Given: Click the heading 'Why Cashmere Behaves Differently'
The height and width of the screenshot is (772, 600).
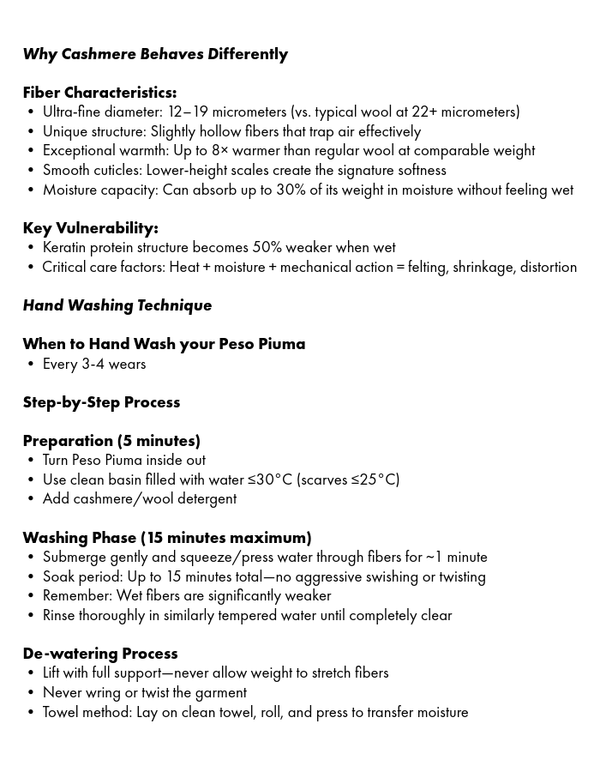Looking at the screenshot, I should pos(155,54).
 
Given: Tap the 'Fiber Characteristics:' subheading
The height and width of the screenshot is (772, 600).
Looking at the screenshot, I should pos(99,93).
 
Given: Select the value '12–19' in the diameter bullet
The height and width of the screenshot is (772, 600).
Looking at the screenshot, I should pos(188,112).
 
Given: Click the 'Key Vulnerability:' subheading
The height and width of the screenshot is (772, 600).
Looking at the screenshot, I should pos(90,228).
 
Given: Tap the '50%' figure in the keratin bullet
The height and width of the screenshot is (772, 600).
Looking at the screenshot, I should pos(266,247).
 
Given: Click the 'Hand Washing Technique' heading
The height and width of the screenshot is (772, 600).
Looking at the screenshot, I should pos(117,305).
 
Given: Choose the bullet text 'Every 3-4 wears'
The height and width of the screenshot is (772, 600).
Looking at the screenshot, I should pos(94,364).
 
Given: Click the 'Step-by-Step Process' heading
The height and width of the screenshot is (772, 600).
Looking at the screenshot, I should pos(101,402).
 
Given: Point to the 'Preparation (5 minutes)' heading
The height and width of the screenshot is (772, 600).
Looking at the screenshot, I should pos(111,441).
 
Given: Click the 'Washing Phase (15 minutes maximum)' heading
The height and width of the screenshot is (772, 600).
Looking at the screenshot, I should pos(167,538).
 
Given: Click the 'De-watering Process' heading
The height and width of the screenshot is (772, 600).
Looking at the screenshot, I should pos(100,654).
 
